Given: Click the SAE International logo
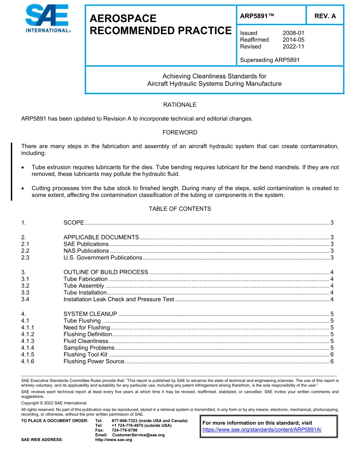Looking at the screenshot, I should coord(48,19).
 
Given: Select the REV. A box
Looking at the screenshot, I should coord(325,16).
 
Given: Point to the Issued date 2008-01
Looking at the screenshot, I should coord(293,33).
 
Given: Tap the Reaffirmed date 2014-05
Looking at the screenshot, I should coord(293,40).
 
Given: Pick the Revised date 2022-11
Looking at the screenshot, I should coord(293,47).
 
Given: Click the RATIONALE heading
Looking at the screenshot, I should coord(180,105).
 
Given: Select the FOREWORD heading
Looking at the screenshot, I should coord(180,132).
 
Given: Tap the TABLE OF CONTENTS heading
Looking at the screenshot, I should coord(180,209).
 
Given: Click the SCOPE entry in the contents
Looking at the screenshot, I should coord(74,223).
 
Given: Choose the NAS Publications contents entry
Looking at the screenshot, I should coord(86,251).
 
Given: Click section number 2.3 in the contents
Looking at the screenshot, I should coord(25,258).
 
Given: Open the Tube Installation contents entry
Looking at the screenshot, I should coord(85,293).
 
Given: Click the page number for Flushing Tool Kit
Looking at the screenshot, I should coord(332,355).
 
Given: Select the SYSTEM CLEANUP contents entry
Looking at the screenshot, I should coord(90,314).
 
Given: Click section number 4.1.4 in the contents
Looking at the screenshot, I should coord(28,348).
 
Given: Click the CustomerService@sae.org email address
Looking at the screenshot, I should coord(138,435).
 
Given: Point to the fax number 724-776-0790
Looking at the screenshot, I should coord(124,430).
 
